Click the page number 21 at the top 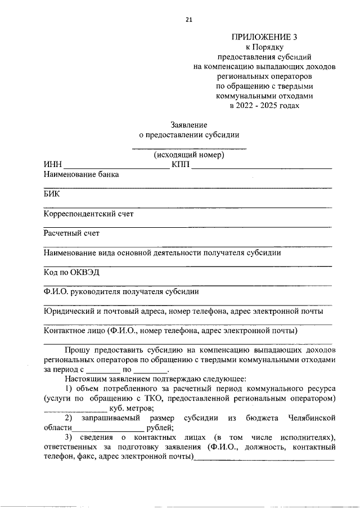(x=189, y=20)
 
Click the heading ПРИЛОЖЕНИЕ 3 (x=264, y=37)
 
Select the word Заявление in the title (x=189, y=124)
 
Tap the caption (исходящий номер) (x=189, y=155)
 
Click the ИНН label (x=53, y=165)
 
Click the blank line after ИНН (x=116, y=167)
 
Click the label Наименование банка (x=81, y=174)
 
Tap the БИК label (x=51, y=194)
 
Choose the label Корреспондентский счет (x=88, y=214)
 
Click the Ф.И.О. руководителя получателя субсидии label (x=120, y=291)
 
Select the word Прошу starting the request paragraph (x=77, y=350)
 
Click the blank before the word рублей (x=109, y=429)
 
